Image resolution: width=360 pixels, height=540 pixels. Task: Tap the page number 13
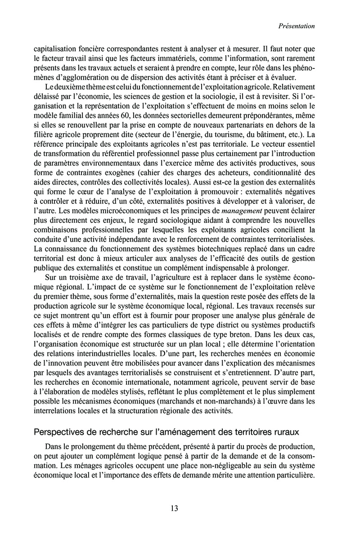pos(175,508)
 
